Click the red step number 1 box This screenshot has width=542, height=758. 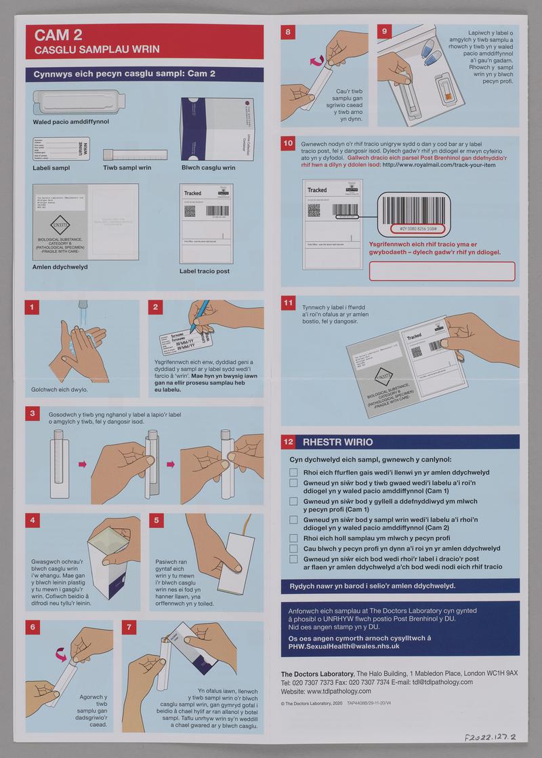tap(30, 308)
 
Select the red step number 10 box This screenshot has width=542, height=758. tap(288, 144)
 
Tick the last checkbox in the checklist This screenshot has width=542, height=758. tap(293, 559)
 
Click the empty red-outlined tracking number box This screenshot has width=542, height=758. tap(442, 271)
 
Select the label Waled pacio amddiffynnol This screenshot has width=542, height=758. tap(71, 121)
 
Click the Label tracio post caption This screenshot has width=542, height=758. tap(205, 271)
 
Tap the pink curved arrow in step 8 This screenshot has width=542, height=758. tap(316, 61)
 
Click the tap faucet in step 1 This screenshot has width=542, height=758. tap(82, 309)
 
